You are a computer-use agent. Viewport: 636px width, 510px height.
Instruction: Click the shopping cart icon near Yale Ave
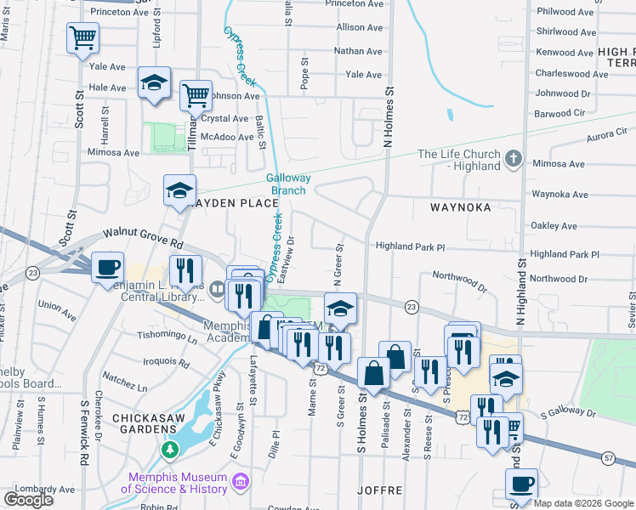(x=82, y=38)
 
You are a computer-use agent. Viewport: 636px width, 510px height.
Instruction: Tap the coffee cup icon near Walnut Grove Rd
(x=107, y=267)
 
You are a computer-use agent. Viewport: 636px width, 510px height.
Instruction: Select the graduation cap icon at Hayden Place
(x=179, y=191)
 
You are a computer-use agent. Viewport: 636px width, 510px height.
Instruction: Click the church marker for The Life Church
(x=512, y=158)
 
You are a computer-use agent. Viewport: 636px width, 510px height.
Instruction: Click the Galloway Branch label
(x=288, y=184)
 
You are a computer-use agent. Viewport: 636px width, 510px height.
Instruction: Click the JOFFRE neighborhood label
(x=378, y=490)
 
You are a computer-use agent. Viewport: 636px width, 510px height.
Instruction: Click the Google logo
(x=28, y=500)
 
